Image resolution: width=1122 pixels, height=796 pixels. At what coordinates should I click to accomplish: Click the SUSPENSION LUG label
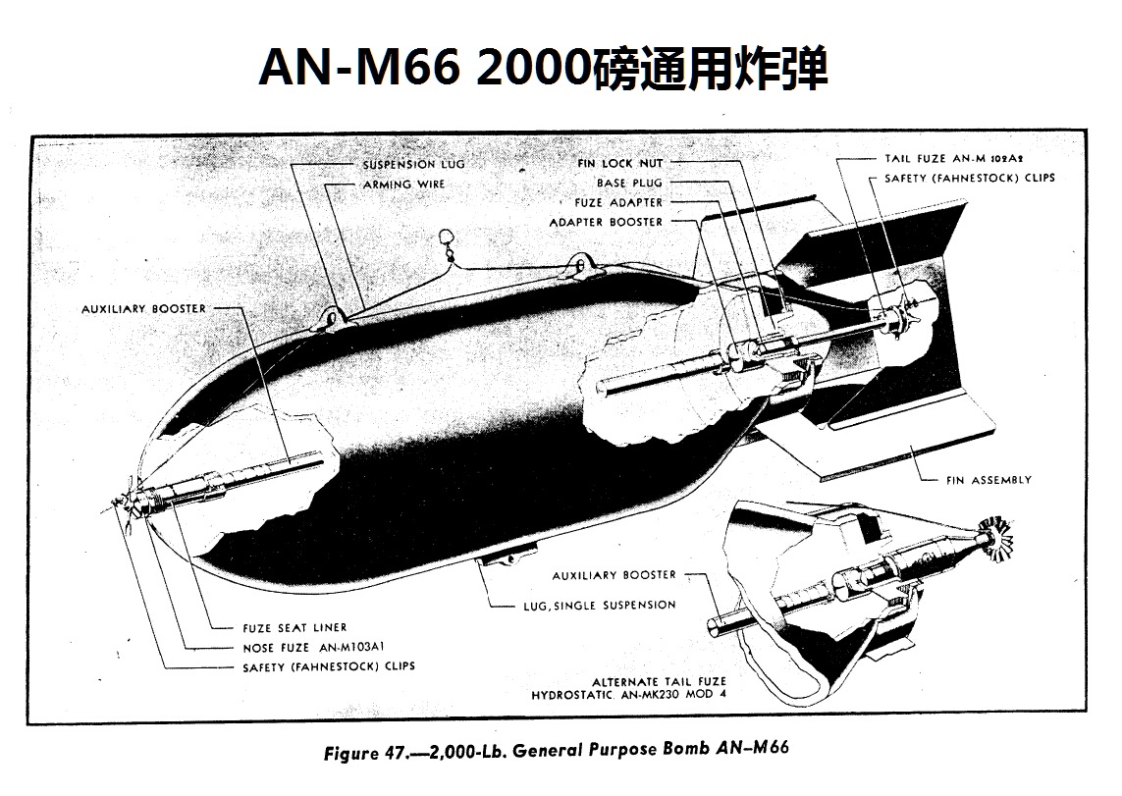[413, 165]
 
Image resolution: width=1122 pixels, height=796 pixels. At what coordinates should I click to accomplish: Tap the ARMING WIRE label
[403, 185]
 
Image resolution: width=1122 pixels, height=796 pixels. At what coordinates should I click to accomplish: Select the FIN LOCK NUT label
[620, 164]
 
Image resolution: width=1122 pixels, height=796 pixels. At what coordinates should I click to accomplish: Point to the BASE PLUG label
[629, 184]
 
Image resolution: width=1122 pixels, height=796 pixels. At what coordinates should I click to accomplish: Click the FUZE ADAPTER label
[618, 203]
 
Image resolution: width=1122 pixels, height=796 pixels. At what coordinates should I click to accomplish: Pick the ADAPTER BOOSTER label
[606, 223]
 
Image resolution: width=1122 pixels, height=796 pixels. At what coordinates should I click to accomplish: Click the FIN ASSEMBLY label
[988, 480]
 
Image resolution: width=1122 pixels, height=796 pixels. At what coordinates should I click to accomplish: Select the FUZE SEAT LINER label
[294, 628]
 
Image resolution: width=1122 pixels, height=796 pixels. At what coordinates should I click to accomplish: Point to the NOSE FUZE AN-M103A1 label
[313, 647]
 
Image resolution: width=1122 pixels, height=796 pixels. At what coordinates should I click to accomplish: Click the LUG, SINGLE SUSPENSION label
[600, 606]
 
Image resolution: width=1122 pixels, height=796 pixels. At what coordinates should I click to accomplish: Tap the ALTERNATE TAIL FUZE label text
[659, 681]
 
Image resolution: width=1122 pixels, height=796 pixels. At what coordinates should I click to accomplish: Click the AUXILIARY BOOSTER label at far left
[144, 309]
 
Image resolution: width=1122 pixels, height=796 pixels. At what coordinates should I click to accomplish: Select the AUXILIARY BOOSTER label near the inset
[614, 575]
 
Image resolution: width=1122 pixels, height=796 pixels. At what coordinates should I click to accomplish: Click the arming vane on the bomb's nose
[128, 504]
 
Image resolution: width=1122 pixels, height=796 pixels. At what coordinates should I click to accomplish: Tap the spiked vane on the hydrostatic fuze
[996, 538]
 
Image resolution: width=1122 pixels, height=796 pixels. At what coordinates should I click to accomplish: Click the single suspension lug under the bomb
[508, 555]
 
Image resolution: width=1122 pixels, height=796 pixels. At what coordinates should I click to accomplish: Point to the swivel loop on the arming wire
[447, 243]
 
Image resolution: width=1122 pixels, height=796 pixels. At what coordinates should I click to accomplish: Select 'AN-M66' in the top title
[359, 68]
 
